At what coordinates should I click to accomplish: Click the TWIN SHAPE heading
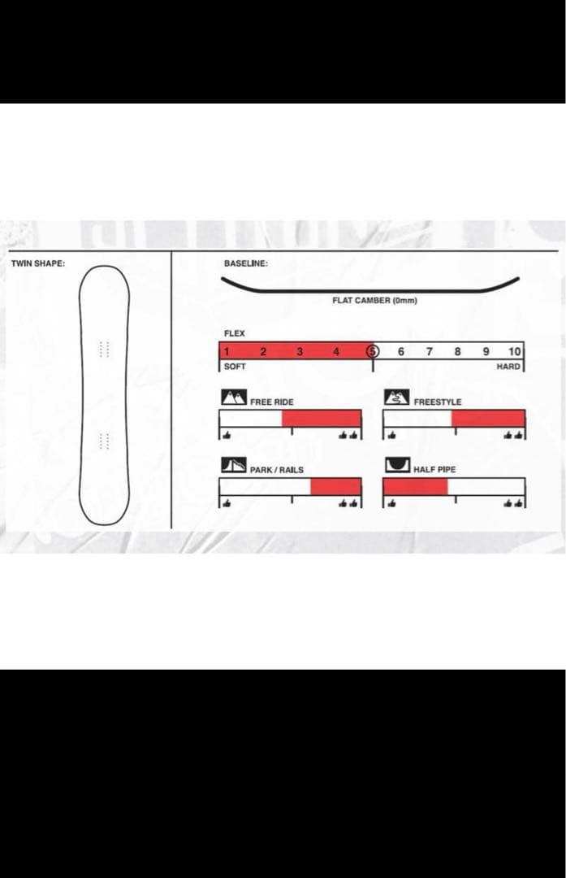pyautogui.click(x=38, y=263)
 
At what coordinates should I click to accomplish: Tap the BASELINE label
pyautogui.click(x=245, y=263)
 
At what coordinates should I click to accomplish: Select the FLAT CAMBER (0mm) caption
pyautogui.click(x=374, y=301)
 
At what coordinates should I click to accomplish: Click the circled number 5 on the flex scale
pyautogui.click(x=373, y=352)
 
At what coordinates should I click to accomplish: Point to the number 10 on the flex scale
pyautogui.click(x=515, y=352)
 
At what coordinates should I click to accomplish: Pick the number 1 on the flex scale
pyautogui.click(x=227, y=352)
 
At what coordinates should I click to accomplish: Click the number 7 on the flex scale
pyautogui.click(x=429, y=352)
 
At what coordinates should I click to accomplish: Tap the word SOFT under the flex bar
pyautogui.click(x=235, y=366)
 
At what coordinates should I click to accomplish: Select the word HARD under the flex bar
pyautogui.click(x=508, y=366)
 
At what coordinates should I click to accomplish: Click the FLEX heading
pyautogui.click(x=235, y=333)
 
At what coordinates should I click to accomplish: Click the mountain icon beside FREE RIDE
pyautogui.click(x=234, y=397)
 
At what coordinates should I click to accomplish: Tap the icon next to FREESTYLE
pyautogui.click(x=396, y=397)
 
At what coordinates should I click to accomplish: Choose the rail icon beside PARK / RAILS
pyautogui.click(x=234, y=465)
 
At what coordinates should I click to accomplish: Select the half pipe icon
pyautogui.click(x=398, y=465)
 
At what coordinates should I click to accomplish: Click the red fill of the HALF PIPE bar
pyautogui.click(x=416, y=487)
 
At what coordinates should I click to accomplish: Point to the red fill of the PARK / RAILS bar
pyautogui.click(x=335, y=487)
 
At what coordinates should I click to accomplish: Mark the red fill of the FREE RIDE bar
pyautogui.click(x=321, y=419)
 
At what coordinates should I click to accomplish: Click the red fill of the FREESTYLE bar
pyautogui.click(x=488, y=419)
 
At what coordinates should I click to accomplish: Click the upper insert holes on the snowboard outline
pyautogui.click(x=104, y=349)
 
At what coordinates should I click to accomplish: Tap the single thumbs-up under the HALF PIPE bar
pyautogui.click(x=391, y=503)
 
